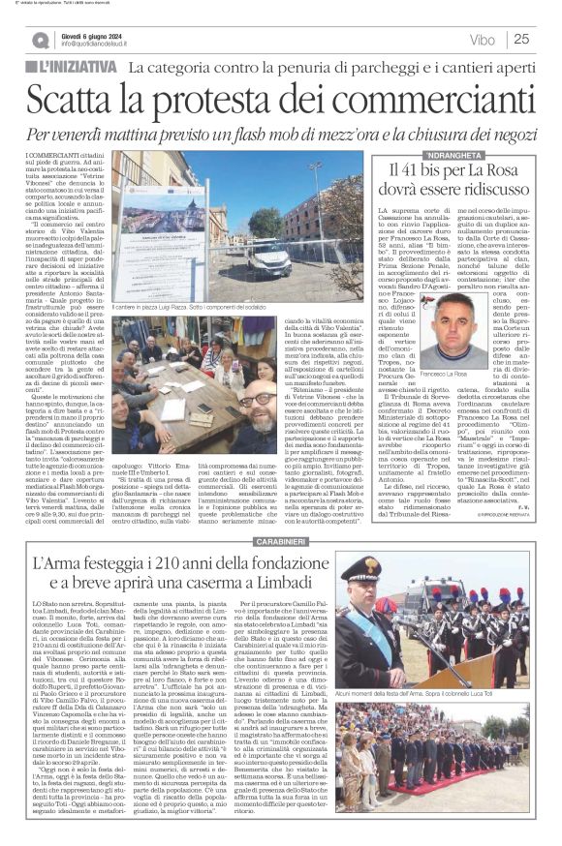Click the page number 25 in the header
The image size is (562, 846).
[x=521, y=40]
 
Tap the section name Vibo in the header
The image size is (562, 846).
[x=481, y=40]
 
